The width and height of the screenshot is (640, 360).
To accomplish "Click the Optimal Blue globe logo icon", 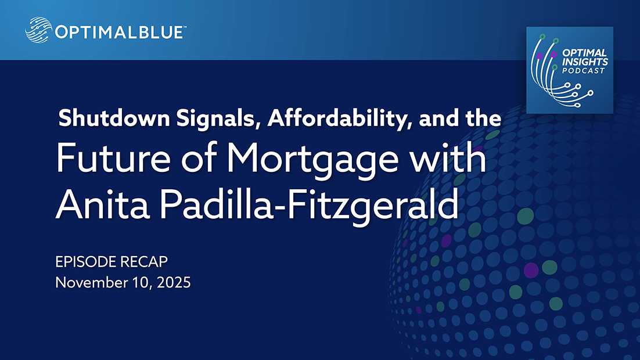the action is [x=38, y=30].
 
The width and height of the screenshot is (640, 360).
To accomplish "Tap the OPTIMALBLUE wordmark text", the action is [x=119, y=33].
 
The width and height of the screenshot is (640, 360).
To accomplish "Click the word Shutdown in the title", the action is [x=114, y=118].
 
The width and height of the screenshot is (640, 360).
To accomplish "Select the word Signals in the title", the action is [x=218, y=119].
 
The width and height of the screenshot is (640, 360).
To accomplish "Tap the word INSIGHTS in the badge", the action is [x=585, y=62].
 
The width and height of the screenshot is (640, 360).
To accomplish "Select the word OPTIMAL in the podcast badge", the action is [x=584, y=53].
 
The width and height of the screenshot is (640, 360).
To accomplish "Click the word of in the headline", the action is [x=199, y=157].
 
